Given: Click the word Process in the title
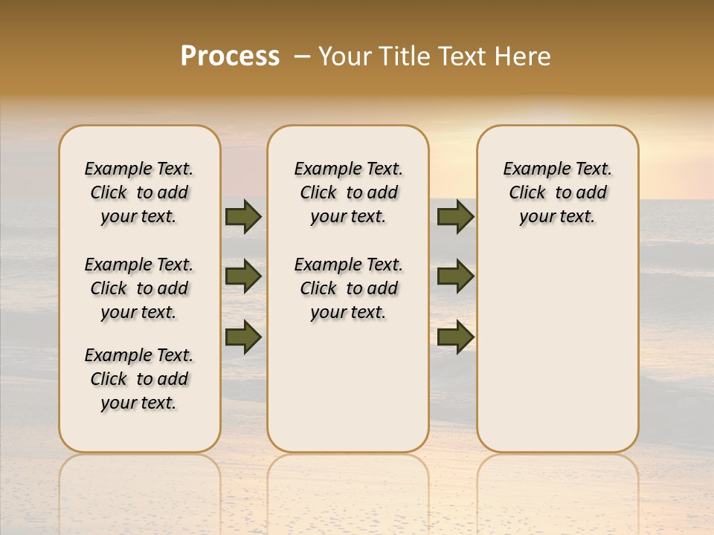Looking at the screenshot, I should [x=230, y=56].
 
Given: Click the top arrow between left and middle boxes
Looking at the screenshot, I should [x=243, y=216].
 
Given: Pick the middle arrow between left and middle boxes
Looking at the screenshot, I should [x=243, y=276].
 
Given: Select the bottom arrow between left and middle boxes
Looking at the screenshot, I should [x=243, y=337].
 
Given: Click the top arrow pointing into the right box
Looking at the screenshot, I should [x=455, y=216].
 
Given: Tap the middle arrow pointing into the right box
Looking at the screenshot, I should [x=455, y=276].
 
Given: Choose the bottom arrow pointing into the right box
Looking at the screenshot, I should [x=455, y=337].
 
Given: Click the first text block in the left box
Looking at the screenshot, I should [x=139, y=192].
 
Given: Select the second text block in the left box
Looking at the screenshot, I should [x=139, y=288].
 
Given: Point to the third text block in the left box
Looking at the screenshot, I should [x=139, y=379].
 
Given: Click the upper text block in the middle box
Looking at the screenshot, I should [x=348, y=192].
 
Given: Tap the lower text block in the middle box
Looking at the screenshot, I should [x=348, y=288].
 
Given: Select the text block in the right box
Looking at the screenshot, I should [x=558, y=192].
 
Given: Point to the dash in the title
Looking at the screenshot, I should [x=302, y=56].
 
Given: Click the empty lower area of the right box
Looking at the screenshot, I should [x=558, y=349].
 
